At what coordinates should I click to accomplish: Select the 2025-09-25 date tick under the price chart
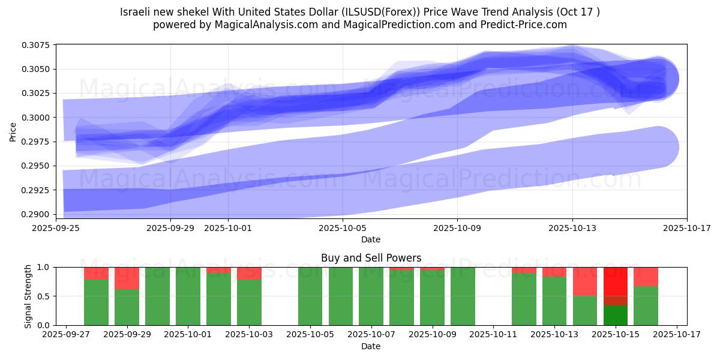tap(56, 228)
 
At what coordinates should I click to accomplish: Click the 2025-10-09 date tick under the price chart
tap(457, 228)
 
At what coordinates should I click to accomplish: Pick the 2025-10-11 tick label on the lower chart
tap(493, 335)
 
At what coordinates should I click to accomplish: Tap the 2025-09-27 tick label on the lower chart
tap(65, 335)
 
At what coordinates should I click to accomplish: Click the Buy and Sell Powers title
tap(371, 258)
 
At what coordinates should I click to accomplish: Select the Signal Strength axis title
tap(28, 296)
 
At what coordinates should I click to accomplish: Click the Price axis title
tap(13, 132)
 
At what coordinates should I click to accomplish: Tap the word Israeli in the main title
tap(136, 12)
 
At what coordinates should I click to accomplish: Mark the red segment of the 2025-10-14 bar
tap(584, 281)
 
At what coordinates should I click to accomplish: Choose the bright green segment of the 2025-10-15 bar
tap(615, 315)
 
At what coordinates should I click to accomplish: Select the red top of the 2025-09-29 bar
tap(127, 278)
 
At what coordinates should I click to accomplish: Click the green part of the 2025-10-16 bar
tap(646, 305)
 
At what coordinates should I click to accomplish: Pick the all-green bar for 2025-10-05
tap(310, 296)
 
